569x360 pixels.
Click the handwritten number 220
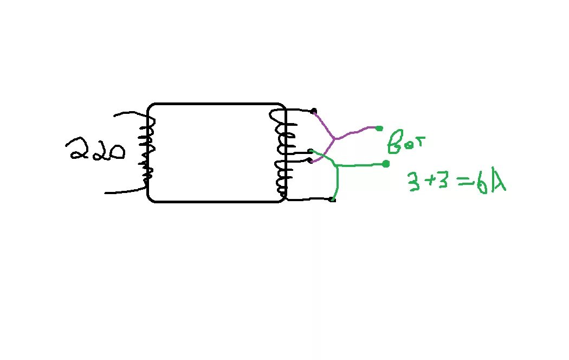click(x=95, y=150)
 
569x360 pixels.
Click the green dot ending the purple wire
click(x=379, y=128)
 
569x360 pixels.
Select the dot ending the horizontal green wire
click(x=385, y=164)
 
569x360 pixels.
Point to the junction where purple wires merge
click(x=335, y=139)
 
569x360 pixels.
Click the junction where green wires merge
click(x=338, y=165)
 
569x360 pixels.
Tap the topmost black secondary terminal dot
click(x=314, y=112)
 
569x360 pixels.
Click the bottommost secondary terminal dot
click(x=332, y=200)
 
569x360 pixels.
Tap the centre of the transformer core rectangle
click(x=216, y=152)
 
